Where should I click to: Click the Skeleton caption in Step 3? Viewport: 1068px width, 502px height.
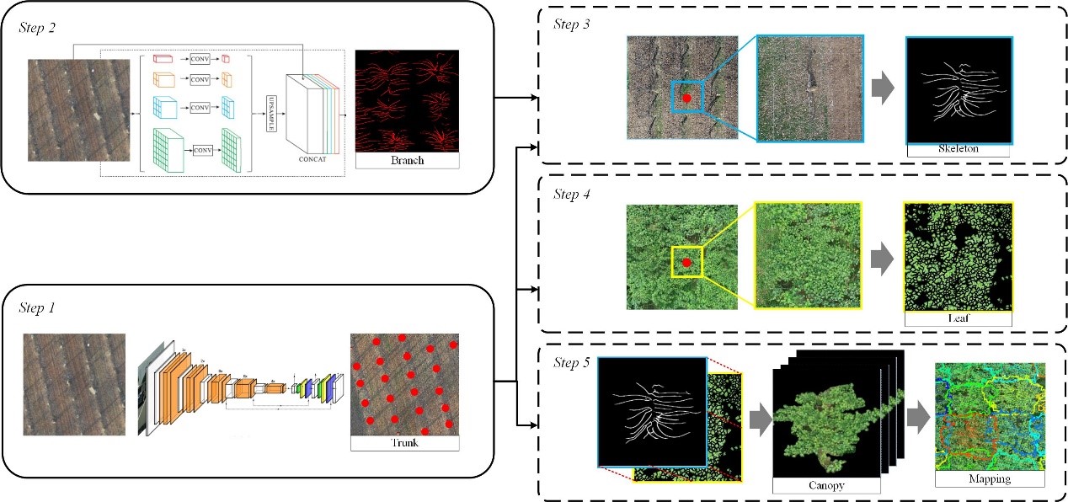click(x=958, y=149)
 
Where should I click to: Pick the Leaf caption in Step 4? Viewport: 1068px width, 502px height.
click(x=957, y=319)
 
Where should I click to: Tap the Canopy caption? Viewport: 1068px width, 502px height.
click(x=825, y=485)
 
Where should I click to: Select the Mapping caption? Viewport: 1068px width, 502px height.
click(x=990, y=479)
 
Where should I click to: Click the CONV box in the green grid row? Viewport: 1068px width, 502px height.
click(x=203, y=150)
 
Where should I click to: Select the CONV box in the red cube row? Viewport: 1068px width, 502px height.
click(x=200, y=59)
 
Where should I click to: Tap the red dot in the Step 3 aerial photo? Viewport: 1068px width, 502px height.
click(x=686, y=98)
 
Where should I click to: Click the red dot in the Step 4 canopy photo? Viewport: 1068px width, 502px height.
click(x=686, y=263)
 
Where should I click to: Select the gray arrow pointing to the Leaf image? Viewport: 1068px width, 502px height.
click(x=881, y=259)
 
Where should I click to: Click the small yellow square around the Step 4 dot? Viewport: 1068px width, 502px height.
click(x=686, y=263)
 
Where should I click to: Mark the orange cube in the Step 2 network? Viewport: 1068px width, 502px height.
click(x=164, y=81)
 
